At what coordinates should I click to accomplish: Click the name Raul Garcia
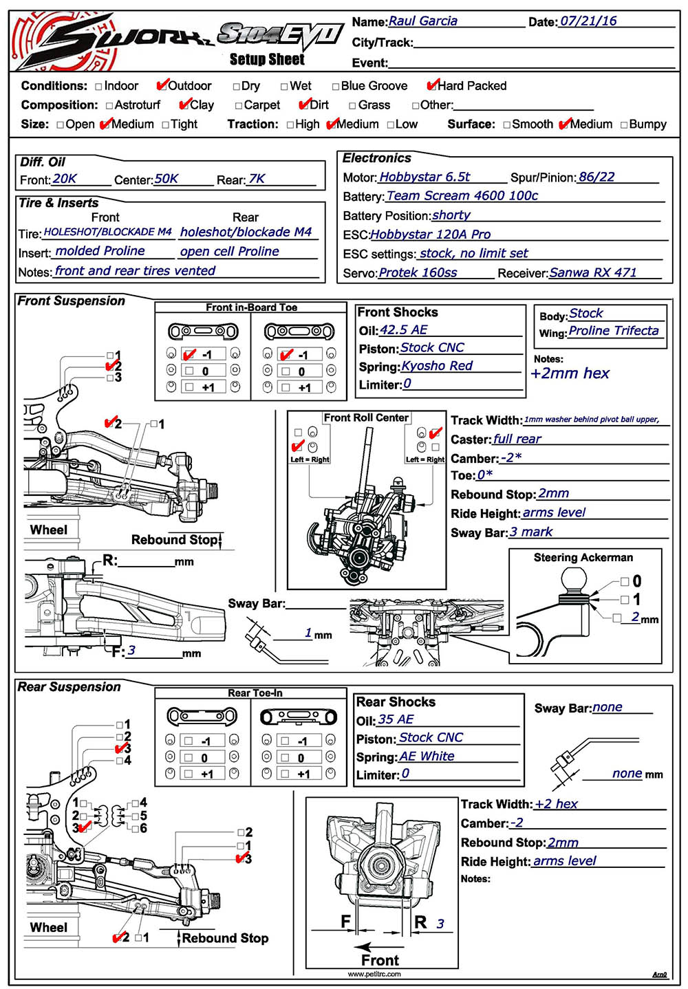(422, 21)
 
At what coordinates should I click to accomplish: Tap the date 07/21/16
(588, 21)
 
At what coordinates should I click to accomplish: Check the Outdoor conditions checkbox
(162, 86)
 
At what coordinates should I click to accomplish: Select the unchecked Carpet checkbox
(239, 105)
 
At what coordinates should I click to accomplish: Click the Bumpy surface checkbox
(624, 124)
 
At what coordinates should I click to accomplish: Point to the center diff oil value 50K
(166, 179)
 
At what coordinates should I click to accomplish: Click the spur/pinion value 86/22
(596, 177)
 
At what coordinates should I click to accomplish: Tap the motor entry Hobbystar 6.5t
(424, 177)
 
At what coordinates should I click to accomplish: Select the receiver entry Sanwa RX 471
(593, 272)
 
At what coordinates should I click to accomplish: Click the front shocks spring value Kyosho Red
(437, 366)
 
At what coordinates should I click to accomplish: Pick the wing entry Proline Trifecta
(613, 331)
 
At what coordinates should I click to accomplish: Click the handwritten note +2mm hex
(570, 373)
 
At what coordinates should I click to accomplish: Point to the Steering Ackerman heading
(583, 558)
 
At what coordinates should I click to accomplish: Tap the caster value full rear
(517, 439)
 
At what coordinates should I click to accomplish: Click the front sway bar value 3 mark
(530, 532)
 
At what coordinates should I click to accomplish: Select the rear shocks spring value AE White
(427, 756)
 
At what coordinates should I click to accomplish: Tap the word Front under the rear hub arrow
(380, 960)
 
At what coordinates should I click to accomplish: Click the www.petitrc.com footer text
(374, 974)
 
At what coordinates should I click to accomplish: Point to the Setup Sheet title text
(267, 60)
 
